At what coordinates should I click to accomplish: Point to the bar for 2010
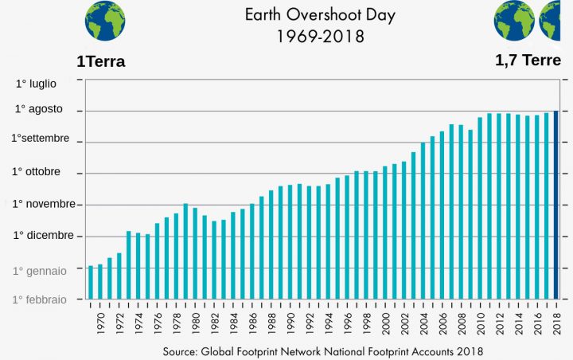click(x=480, y=208)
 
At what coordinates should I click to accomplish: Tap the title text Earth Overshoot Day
click(x=319, y=15)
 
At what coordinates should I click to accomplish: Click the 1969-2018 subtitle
click(x=319, y=36)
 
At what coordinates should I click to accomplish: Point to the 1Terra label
click(x=101, y=62)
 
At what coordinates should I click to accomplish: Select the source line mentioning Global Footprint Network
click(x=323, y=350)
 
